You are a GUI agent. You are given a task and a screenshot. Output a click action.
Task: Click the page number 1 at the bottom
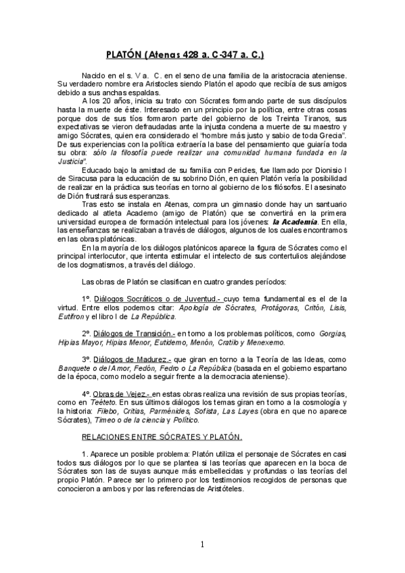tap(201, 545)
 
